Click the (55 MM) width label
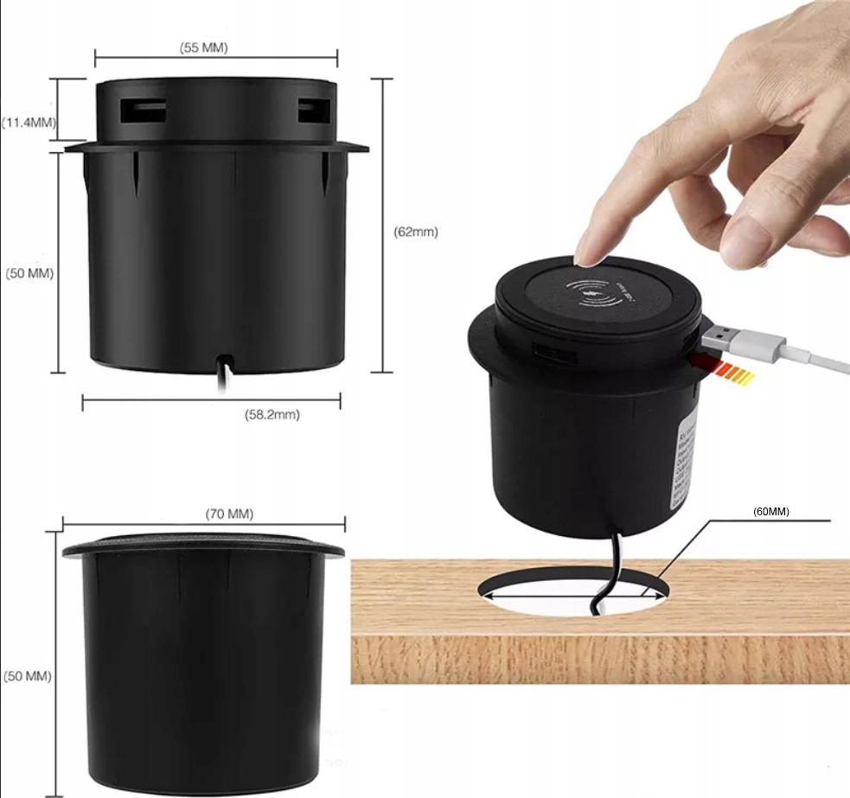[x=204, y=48]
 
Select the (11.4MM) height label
[x=29, y=123]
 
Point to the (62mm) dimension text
[x=416, y=232]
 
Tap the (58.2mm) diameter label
[x=272, y=415]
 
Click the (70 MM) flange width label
[x=229, y=514]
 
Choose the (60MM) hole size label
[x=771, y=511]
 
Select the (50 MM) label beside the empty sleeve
[x=29, y=675]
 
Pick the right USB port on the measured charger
[x=310, y=111]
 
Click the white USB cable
[x=804, y=355]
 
